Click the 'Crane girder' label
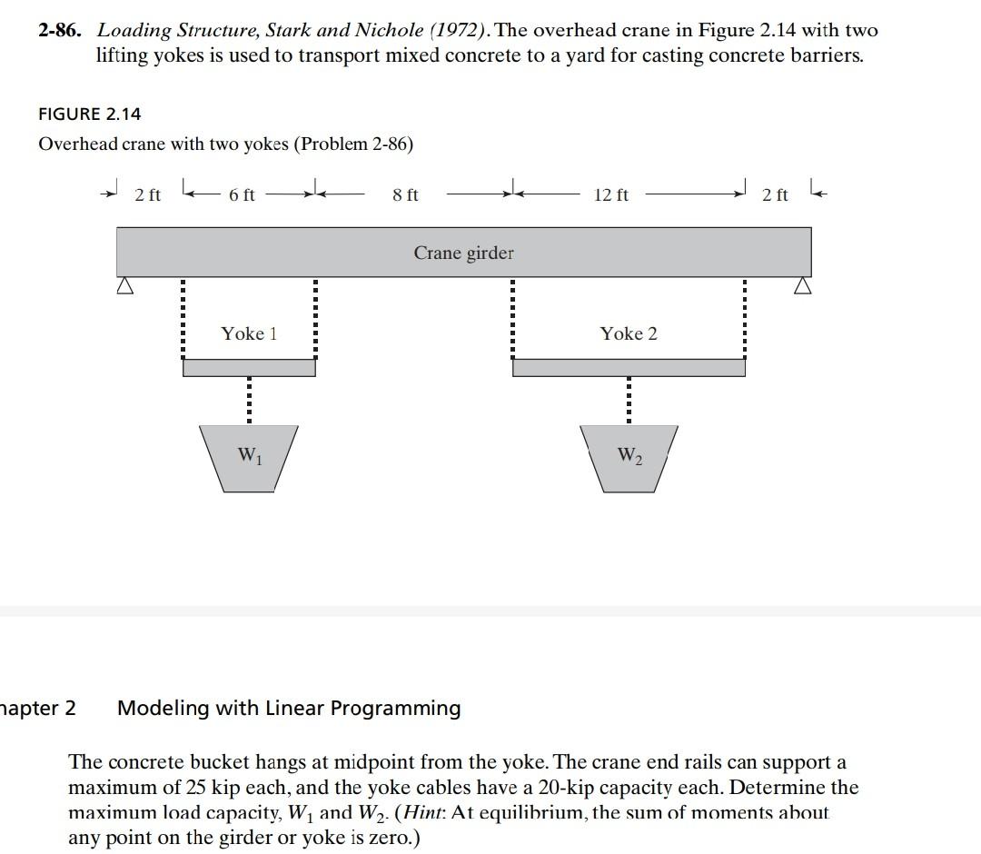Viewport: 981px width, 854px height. [x=463, y=253]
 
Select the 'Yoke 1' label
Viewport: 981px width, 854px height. [x=249, y=333]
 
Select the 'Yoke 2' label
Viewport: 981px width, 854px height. [x=628, y=333]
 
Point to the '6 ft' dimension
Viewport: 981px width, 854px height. [x=242, y=194]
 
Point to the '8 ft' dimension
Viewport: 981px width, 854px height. [x=405, y=194]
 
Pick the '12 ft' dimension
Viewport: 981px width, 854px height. [x=610, y=194]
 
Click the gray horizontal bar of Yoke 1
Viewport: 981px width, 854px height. [x=249, y=367]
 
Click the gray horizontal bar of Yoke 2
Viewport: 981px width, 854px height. [x=629, y=367]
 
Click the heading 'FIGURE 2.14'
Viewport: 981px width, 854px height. [x=90, y=114]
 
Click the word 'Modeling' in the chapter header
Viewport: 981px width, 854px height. [x=163, y=708]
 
